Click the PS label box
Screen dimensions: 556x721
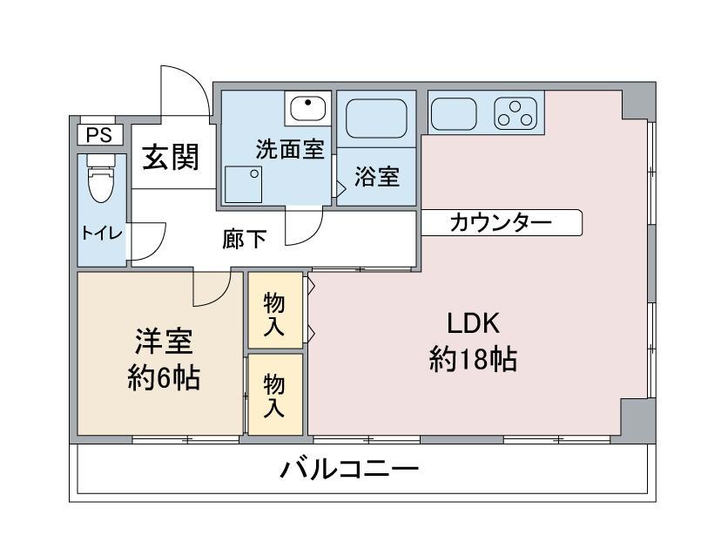[99, 135]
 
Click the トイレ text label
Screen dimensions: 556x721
[102, 233]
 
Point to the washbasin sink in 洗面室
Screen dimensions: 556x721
[307, 109]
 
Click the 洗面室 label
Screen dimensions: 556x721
[289, 150]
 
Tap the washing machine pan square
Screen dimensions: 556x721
[245, 182]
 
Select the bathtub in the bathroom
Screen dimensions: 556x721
[378, 117]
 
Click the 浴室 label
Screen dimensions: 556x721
[377, 177]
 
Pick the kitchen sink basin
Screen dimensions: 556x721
[453, 112]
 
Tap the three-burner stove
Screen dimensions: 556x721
[515, 112]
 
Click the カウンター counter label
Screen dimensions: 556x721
[501, 223]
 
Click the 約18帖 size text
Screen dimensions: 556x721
[473, 358]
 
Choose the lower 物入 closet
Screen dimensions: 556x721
[274, 394]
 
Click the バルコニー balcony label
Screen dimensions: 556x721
[349, 471]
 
